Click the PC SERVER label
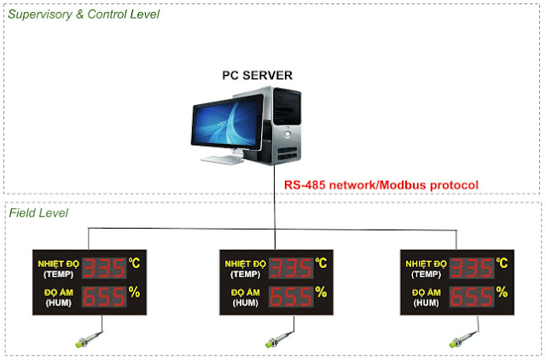(258, 75)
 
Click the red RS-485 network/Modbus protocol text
(381, 185)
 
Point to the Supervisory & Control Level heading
(84, 15)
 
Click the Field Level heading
(38, 212)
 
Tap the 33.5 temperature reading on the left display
(104, 268)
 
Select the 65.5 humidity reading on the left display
(104, 297)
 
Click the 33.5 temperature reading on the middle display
(291, 268)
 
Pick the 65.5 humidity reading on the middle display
(291, 297)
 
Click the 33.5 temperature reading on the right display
(472, 268)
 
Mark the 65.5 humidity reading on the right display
(472, 297)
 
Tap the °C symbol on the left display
(134, 263)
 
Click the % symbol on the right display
(502, 292)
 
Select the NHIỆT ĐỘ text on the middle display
(245, 264)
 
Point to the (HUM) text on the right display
(427, 303)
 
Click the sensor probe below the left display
(89, 340)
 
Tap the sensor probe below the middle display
(279, 340)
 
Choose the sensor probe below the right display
(463, 340)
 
